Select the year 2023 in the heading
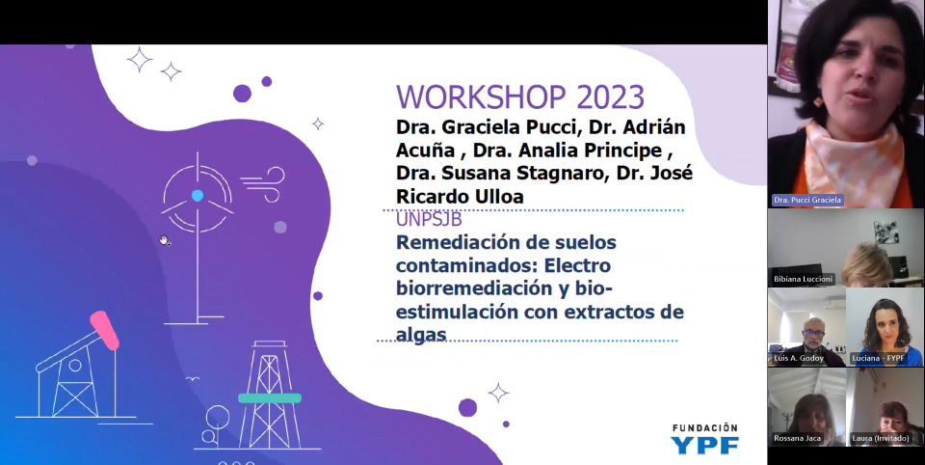[x=610, y=97]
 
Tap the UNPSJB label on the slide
[x=429, y=220]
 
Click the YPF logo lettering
[x=704, y=445]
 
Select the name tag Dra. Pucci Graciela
[x=807, y=201]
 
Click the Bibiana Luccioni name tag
[x=803, y=279]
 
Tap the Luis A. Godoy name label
[x=799, y=358]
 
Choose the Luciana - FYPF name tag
[x=879, y=358]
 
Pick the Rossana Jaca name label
[x=797, y=438]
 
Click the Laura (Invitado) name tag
[x=880, y=438]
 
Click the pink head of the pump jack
[x=104, y=330]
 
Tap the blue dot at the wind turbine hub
[x=197, y=196]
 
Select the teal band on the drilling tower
[x=270, y=398]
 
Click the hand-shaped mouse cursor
[x=165, y=240]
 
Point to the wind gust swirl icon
[x=263, y=184]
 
